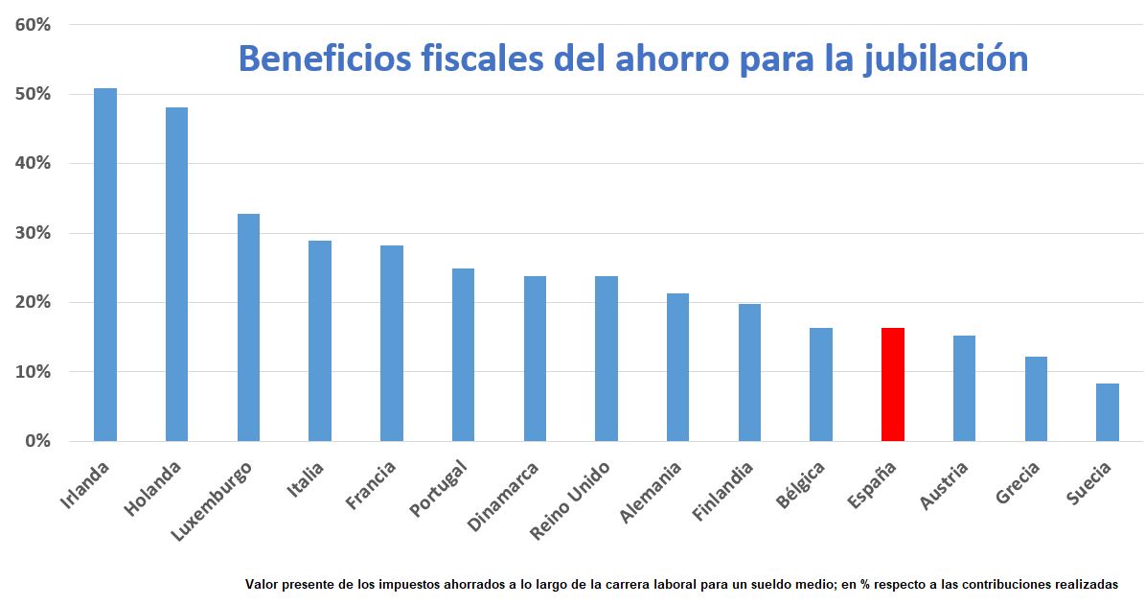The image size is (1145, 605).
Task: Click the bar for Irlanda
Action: [x=105, y=265]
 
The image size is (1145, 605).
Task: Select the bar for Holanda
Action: [x=176, y=274]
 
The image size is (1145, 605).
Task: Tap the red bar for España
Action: [x=892, y=384]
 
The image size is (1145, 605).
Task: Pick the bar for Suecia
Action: [x=1107, y=412]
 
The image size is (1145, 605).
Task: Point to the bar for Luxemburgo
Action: [x=248, y=327]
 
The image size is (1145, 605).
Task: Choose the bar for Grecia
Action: [x=1036, y=399]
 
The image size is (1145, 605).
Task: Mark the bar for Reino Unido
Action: [x=606, y=359]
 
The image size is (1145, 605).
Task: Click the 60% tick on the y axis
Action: [x=33, y=25]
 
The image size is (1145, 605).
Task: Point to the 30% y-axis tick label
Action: [x=33, y=233]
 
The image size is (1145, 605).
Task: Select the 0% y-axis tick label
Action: [x=37, y=441]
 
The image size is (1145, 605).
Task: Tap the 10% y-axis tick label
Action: [x=33, y=372]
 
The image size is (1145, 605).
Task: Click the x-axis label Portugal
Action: [x=438, y=489]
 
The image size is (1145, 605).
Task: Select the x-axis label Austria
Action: [x=944, y=485]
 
